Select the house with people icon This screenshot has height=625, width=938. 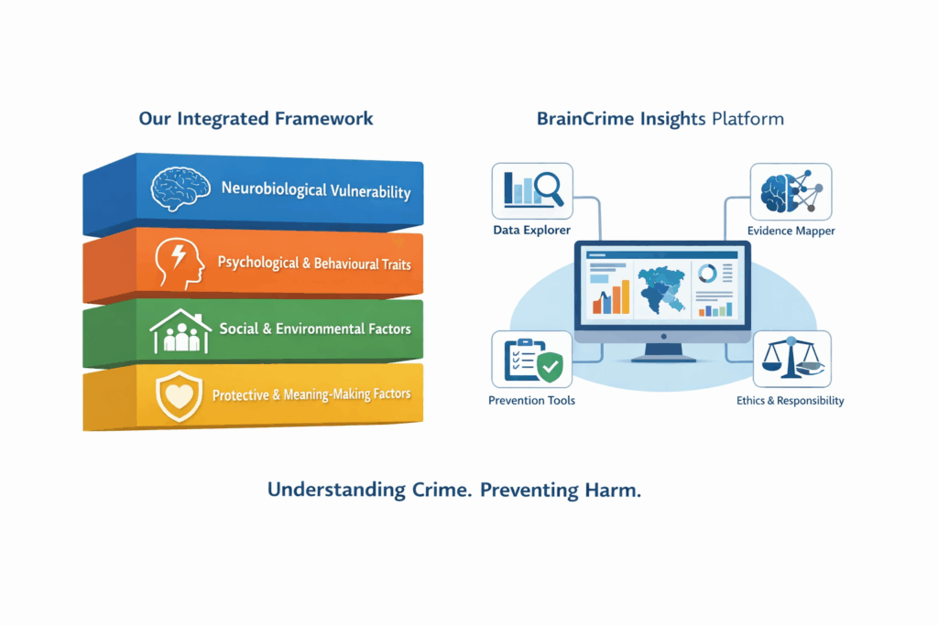[x=180, y=330]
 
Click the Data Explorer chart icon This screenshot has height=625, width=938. [x=532, y=189]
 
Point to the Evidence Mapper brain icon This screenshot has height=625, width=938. [x=791, y=189]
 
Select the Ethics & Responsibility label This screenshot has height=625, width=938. [x=791, y=401]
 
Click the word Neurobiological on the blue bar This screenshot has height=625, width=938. [x=274, y=190]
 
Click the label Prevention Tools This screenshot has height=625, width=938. [x=532, y=401]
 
